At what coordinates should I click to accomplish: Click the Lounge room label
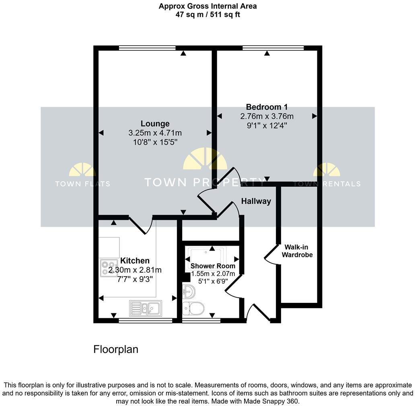pos(155,124)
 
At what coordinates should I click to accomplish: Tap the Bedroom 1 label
pos(267,107)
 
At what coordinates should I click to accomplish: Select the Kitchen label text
pos(135,261)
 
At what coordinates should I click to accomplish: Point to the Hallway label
pos(256,201)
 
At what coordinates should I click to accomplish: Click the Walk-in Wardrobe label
pos(297,251)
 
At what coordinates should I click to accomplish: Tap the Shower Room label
pos(213,266)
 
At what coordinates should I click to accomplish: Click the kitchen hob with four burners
pos(109,268)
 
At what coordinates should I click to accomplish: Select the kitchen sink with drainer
pos(146,308)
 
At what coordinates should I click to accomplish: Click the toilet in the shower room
pos(193,309)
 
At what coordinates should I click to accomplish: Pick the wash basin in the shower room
pos(189,292)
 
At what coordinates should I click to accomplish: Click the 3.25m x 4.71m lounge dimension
pos(155,133)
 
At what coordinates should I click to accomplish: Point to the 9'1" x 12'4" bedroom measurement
pos(267,125)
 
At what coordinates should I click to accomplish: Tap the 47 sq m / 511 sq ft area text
pos(208,14)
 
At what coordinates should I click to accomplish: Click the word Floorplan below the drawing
pos(116,349)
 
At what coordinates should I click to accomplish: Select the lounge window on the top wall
pos(147,48)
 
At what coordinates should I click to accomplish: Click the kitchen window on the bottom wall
pos(146,321)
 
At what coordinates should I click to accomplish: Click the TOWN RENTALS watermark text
pos(327,184)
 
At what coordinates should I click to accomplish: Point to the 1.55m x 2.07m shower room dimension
pos(213,274)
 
